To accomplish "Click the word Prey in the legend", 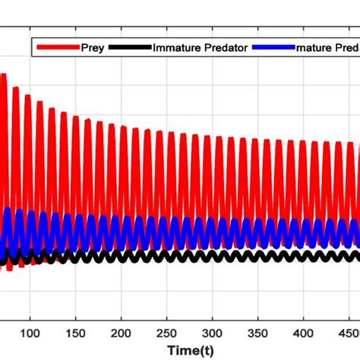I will [92, 47].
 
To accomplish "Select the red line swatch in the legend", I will [58, 47].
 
